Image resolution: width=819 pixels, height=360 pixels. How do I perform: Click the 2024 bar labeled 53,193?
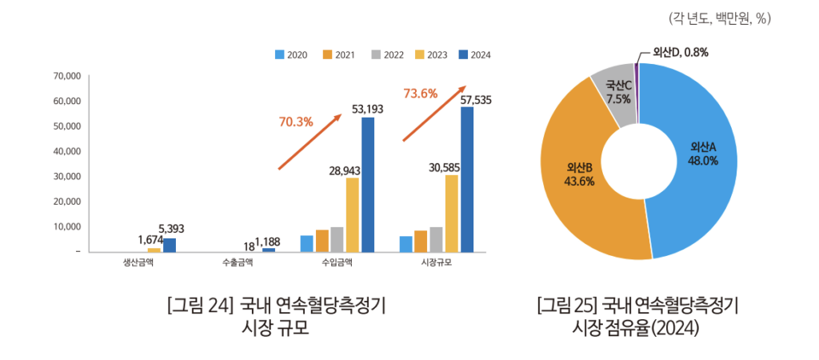(368, 184)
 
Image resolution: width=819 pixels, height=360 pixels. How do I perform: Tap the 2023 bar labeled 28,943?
(352, 214)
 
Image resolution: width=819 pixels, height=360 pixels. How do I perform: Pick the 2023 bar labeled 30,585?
(451, 213)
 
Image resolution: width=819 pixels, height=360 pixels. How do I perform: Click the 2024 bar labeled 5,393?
(170, 245)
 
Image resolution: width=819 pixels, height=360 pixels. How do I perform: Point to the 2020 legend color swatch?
(280, 55)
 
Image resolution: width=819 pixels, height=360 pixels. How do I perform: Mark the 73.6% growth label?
(421, 94)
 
